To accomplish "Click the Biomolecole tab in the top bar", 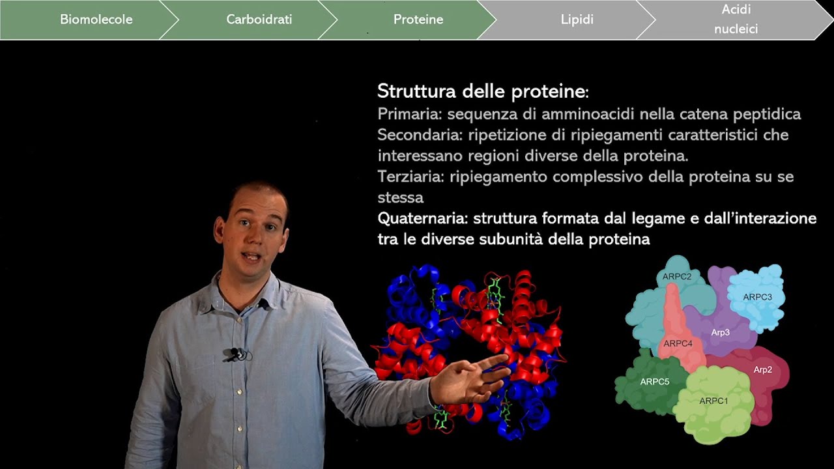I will [96, 20].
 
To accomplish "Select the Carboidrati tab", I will [259, 20].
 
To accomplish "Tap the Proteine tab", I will [418, 20].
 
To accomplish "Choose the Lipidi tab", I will [577, 20].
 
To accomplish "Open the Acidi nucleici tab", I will [736, 20].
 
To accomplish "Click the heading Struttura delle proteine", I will [483, 91].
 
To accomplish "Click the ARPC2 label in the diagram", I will [677, 276].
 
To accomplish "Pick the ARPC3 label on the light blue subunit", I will [757, 297].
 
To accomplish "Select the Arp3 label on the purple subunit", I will [720, 332].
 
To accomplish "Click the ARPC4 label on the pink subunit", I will [678, 343].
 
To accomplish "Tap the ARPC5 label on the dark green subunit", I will [654, 382].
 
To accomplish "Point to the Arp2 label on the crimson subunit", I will [762, 369].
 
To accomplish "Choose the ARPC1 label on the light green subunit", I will [713, 401].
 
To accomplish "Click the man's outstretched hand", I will [469, 381].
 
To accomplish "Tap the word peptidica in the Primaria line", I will [767, 114].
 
